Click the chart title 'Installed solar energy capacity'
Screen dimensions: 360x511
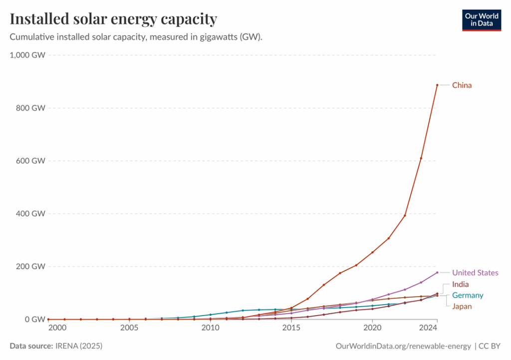tap(113, 19)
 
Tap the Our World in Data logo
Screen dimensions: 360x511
tap(481, 19)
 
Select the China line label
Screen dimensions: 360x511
tap(462, 85)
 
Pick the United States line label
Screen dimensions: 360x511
tap(475, 273)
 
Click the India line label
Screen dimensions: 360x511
tap(460, 284)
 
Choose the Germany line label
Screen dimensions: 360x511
tap(467, 295)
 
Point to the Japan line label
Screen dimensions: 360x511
tap(462, 306)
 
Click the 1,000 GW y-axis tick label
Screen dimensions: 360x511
tap(28, 55)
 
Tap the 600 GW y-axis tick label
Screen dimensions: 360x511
tap(31, 161)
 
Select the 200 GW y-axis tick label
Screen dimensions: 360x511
tap(31, 266)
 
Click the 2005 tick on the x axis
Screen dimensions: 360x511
tap(129, 328)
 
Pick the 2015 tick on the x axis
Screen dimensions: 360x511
tap(291, 328)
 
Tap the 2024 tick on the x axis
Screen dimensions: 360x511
tap(429, 328)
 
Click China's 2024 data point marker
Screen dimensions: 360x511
tap(437, 85)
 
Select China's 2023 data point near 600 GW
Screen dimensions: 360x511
tap(421, 158)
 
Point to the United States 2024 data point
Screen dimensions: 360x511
tap(437, 272)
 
